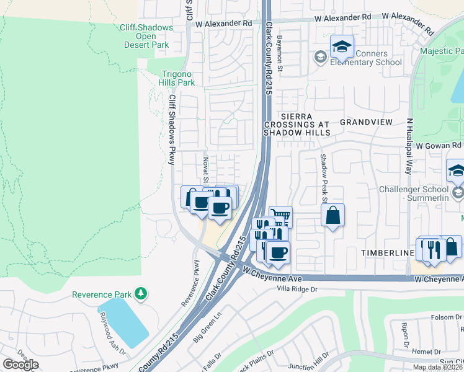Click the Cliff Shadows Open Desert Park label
146,36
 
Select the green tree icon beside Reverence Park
142,293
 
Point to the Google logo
20,365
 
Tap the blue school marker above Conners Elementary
342,46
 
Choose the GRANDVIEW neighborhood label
365,122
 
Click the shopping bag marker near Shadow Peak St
333,216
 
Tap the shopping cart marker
281,216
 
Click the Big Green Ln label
207,328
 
